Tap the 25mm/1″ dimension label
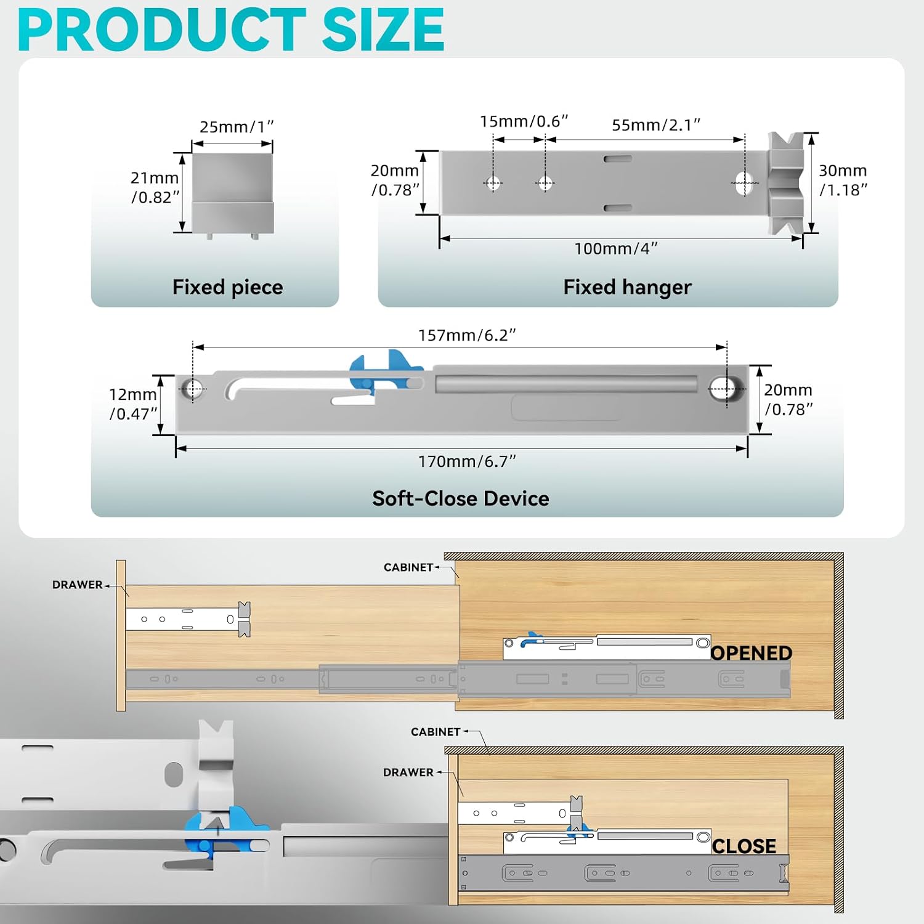(x=237, y=127)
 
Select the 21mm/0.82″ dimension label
(x=155, y=187)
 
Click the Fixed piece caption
(x=228, y=287)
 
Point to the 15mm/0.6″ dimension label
(x=524, y=121)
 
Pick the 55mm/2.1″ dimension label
(x=656, y=125)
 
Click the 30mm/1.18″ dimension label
(x=843, y=180)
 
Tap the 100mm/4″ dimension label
(x=616, y=248)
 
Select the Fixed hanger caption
(x=628, y=287)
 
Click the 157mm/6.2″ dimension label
(x=467, y=335)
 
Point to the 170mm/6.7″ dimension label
(x=467, y=461)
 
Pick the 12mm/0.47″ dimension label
(x=133, y=404)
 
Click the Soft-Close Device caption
(x=461, y=498)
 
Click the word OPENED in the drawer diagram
(x=752, y=653)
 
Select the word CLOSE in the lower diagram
(x=744, y=846)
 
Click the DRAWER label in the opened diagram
(x=78, y=585)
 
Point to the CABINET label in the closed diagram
(x=436, y=732)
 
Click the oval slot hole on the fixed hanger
(x=744, y=182)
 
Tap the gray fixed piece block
(x=232, y=193)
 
